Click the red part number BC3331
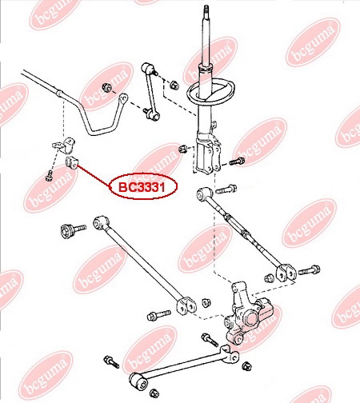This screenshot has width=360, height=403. tap(142, 187)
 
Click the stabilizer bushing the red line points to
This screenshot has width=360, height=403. tap(71, 162)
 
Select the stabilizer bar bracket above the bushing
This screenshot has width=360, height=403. tap(64, 146)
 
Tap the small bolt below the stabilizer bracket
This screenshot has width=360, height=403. tap(49, 176)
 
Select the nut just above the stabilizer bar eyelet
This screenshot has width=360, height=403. tap(106, 87)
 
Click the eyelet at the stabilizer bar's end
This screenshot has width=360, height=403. tap(123, 98)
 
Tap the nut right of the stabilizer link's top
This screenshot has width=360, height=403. tap(174, 85)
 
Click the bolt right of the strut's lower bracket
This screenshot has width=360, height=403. tap(236, 162)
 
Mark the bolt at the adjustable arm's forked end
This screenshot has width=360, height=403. tap(309, 270)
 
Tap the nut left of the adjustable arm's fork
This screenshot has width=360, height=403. tap(269, 278)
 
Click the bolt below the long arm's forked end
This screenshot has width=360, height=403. tap(158, 315)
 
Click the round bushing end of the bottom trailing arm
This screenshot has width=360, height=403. tap(138, 381)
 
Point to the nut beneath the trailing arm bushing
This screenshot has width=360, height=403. tap(154, 393)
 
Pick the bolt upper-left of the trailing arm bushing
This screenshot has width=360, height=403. tap(111, 362)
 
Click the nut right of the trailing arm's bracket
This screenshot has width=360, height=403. tap(246, 365)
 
